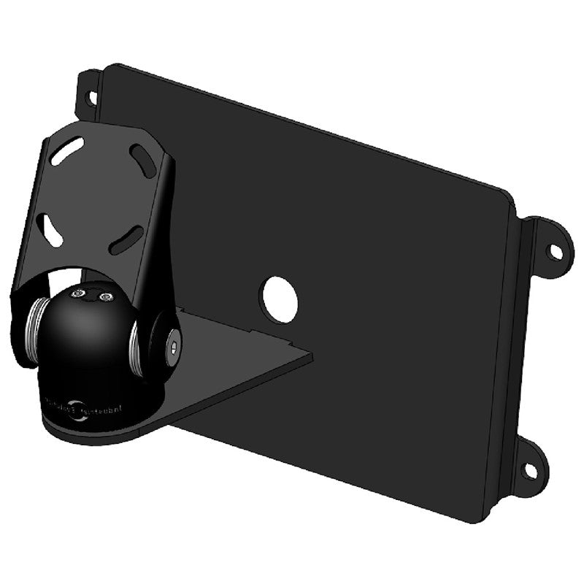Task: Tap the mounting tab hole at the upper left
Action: coord(93,96)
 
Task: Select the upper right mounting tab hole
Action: coord(556,252)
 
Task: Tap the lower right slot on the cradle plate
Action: coord(126,239)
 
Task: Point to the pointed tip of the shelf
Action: coord(311,356)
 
